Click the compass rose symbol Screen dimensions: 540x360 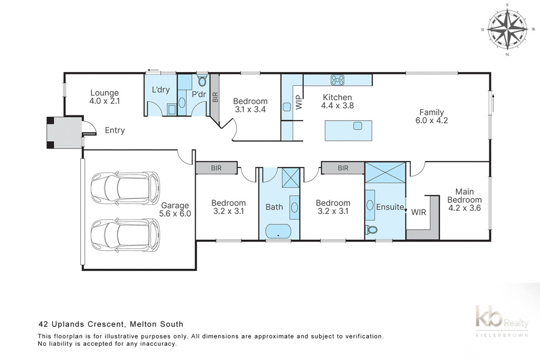pos(507,30)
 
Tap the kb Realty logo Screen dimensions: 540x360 pos(502,320)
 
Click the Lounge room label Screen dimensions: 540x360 pos(104,93)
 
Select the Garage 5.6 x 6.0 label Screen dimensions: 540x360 pos(175,209)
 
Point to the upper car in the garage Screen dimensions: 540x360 pos(126,188)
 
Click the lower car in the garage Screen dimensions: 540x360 pos(126,236)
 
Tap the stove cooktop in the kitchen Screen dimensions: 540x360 pos(337,80)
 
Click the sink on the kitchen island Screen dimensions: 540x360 pos(358,125)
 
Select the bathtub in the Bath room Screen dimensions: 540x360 pos(278,231)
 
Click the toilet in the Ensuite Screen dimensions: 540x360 pos(371,230)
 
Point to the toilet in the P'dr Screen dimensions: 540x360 pos(202,81)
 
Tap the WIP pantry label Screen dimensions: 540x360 pos(298,102)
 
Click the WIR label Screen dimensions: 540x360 pos(418,212)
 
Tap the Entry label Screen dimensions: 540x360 pos(114,130)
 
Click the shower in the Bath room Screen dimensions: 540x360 pos(291,178)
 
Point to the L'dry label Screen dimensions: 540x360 pos(161,90)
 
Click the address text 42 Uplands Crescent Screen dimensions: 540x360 pos(81,324)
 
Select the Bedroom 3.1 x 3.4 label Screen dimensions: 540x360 pos(250,105)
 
